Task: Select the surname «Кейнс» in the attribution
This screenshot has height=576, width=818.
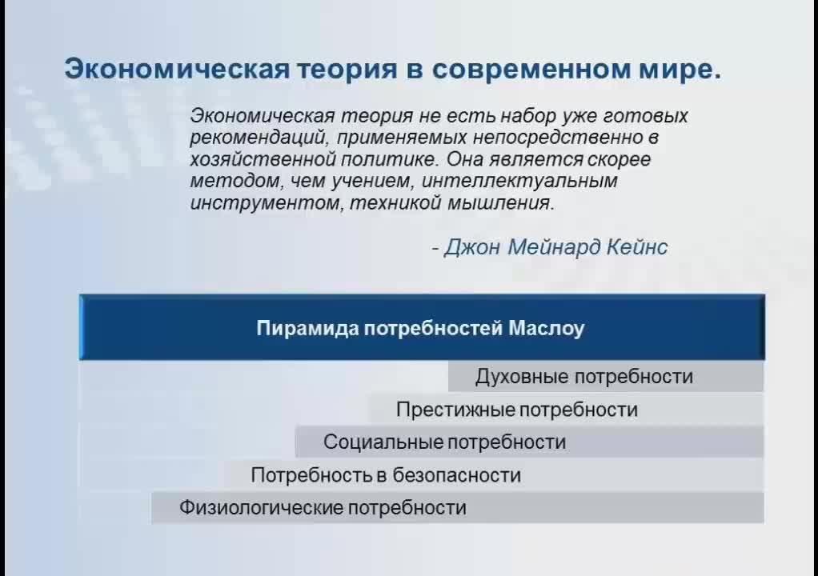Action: [637, 246]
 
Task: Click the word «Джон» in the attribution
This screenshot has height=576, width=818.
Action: [471, 247]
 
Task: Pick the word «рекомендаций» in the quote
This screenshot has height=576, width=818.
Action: [259, 138]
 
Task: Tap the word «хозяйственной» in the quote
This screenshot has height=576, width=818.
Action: [262, 159]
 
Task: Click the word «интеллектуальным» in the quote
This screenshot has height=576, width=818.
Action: [519, 181]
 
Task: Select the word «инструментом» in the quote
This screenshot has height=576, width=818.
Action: [266, 202]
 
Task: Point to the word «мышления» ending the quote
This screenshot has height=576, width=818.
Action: [499, 202]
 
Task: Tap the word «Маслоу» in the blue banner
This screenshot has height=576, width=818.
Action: [546, 328]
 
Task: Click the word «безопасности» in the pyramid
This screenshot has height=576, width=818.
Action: [456, 475]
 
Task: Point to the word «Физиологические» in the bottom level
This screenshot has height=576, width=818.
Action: [261, 508]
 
